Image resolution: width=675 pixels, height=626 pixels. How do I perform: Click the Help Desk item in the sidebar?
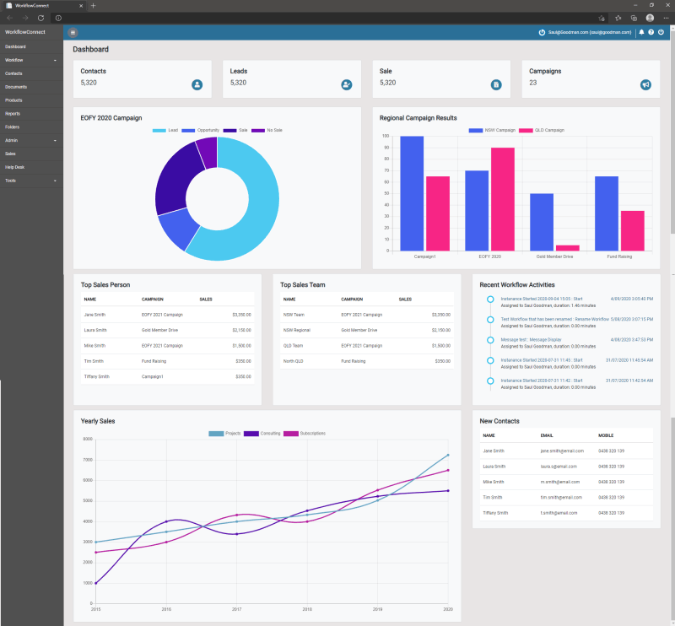(15, 167)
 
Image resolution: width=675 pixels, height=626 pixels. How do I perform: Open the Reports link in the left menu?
(13, 113)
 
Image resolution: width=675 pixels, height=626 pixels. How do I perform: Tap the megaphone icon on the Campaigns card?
(645, 84)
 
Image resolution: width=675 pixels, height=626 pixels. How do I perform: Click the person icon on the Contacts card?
(197, 84)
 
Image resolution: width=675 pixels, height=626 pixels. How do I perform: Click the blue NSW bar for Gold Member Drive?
(542, 222)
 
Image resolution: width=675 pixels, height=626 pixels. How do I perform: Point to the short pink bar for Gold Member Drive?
(568, 247)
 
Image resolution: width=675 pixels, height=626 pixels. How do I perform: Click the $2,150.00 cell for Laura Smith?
(240, 330)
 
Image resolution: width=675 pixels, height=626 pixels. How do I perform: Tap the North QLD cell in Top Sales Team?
(294, 361)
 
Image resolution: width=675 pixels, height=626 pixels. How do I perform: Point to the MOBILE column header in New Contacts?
(607, 436)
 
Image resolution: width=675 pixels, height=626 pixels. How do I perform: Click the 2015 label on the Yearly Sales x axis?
(95, 609)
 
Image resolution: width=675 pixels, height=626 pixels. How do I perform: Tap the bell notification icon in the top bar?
(641, 32)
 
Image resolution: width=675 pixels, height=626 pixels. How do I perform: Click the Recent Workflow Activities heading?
(516, 284)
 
